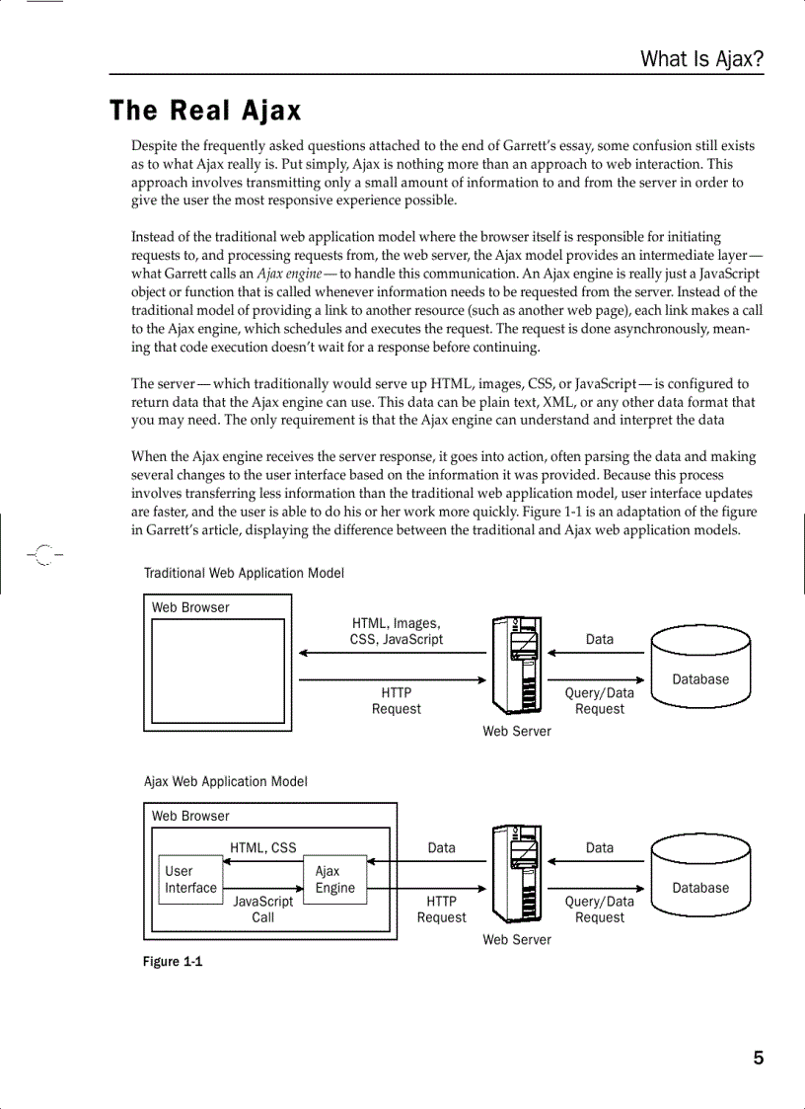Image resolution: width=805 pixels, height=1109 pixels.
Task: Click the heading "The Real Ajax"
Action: (205, 111)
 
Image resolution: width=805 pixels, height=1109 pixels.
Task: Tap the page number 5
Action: (758, 1059)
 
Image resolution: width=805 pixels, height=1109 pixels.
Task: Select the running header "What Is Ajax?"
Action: (701, 59)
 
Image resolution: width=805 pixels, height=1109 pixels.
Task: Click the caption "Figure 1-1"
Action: (173, 962)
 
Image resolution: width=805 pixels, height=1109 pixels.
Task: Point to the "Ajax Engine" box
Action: (334, 879)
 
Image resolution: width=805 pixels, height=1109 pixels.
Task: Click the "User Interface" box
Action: (190, 879)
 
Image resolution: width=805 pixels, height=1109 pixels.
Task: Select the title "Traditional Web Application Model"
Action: (244, 573)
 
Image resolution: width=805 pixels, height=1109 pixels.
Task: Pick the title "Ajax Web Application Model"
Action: (226, 781)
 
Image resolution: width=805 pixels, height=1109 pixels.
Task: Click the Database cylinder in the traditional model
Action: (700, 666)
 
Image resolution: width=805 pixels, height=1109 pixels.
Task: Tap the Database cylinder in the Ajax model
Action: (700, 874)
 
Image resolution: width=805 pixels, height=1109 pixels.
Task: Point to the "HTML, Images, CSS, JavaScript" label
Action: (397, 631)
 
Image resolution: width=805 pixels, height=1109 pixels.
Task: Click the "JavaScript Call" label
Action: (262, 910)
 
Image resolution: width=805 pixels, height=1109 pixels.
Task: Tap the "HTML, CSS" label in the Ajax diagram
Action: (262, 847)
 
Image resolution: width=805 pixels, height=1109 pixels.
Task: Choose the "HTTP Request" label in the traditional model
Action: (396, 701)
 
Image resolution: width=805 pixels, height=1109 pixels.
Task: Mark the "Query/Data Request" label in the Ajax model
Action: (599, 910)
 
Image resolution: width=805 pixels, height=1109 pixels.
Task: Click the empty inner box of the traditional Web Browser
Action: (217, 672)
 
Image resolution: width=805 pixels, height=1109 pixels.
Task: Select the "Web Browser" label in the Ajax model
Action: (190, 816)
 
